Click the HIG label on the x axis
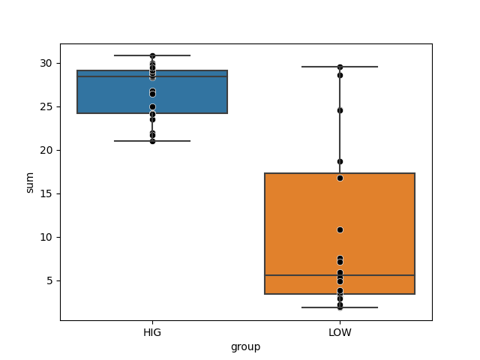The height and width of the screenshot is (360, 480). pos(152,332)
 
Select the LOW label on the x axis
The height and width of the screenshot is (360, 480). pos(340,332)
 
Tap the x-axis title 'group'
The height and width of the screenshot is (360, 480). pos(246,346)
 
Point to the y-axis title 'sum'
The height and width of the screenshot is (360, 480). pos(30,182)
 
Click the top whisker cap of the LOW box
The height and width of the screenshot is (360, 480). pos(340,67)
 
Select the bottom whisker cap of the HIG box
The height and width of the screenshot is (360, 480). pos(152,141)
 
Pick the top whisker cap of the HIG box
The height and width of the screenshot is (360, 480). pos(152,55)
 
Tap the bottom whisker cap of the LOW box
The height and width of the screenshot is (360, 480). pos(340,307)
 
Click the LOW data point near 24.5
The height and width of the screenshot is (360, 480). pos(340,110)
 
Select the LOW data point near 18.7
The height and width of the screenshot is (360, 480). pos(340,161)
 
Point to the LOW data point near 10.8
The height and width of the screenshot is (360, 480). pos(340,229)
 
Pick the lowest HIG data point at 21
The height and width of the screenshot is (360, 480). pos(152,141)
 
